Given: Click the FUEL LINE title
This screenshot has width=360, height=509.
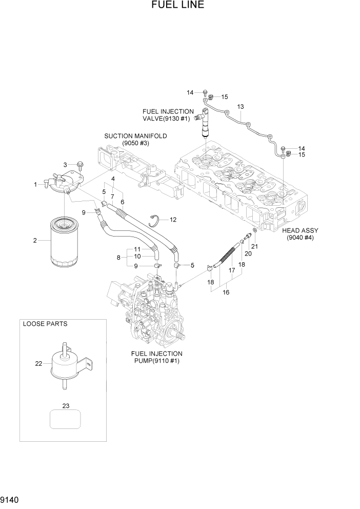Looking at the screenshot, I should click(178, 6).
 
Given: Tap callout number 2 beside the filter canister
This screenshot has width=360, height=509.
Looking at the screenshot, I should click(35, 241).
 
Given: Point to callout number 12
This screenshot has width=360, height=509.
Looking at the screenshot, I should click(173, 220).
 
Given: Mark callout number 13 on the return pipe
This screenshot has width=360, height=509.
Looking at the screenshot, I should click(239, 106).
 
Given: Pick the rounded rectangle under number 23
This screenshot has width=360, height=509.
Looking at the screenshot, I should click(65, 419).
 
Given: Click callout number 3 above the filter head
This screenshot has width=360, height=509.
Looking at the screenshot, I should click(65, 164).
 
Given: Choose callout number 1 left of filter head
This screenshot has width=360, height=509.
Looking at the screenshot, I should click(35, 184).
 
